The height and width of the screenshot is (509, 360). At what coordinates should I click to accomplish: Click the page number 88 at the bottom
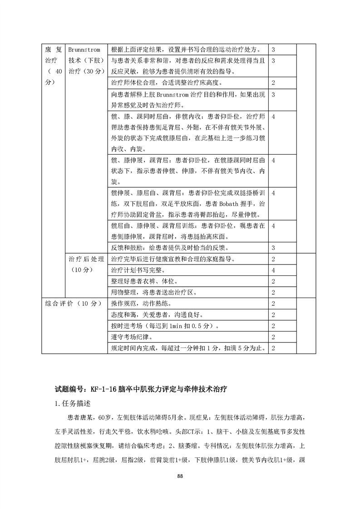coord(180,476)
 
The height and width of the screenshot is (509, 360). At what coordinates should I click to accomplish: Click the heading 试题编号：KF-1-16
coord(86,389)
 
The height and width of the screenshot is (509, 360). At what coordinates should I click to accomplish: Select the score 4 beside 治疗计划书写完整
coord(273,270)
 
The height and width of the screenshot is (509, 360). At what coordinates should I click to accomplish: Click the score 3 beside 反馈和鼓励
coord(273,248)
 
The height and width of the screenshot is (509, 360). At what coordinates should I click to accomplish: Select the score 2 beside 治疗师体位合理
coord(273,83)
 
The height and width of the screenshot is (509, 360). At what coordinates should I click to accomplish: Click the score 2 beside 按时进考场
coord(273,326)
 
